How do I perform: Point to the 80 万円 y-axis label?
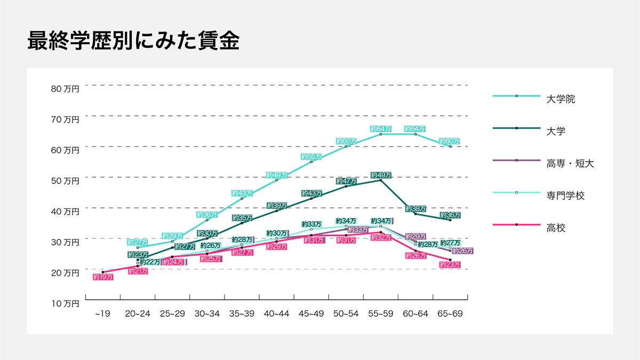coord(65,89)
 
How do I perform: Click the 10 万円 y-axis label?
coord(65,303)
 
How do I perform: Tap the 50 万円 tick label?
coord(65,181)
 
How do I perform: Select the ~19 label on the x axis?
coord(102,314)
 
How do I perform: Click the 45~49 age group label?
coord(311,314)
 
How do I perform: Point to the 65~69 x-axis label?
coord(450,314)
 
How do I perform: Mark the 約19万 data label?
coord(103,277)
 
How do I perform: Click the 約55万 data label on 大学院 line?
coord(311,157)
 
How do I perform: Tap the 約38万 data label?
coord(415,209)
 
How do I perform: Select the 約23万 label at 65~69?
coord(450,265)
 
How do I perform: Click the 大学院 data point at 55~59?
coord(381,134)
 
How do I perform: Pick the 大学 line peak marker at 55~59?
coord(381,180)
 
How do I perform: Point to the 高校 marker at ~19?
coord(103,272)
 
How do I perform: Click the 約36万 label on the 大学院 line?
coord(207,215)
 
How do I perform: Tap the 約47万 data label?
coord(346,181)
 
